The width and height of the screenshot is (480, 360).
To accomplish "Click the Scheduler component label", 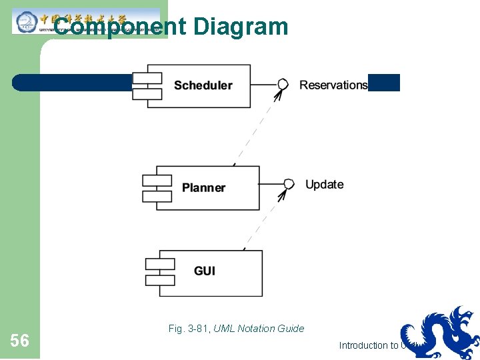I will (x=203, y=85).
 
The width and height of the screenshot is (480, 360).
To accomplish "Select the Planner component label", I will (x=203, y=188).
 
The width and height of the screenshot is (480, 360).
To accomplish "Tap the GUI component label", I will (x=204, y=271).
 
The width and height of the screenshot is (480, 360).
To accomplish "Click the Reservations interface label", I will (x=333, y=85).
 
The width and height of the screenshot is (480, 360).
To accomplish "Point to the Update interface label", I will (x=324, y=185).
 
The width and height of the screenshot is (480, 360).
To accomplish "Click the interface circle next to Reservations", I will (x=283, y=84).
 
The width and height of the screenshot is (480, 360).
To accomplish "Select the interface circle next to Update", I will (x=289, y=184).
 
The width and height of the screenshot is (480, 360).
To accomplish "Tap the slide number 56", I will (x=20, y=341).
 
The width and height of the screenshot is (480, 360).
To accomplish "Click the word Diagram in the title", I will (x=241, y=27).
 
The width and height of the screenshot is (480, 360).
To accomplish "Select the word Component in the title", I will (x=120, y=27).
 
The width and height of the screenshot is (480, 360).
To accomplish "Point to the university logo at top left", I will (x=27, y=21).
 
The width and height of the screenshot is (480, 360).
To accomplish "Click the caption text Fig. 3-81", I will (x=189, y=328).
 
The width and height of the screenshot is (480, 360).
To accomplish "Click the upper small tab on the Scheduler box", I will (x=147, y=77).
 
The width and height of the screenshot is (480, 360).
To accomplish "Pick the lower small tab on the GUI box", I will (x=160, y=280).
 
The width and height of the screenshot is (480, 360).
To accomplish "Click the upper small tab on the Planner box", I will (x=157, y=181).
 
